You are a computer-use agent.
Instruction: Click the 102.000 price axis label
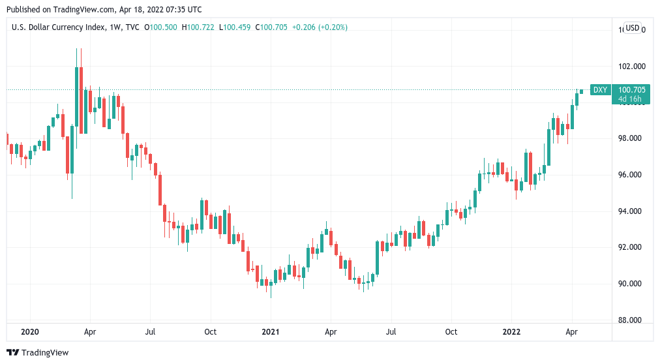pyautogui.click(x=631, y=66)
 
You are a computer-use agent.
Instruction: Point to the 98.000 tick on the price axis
pyautogui.click(x=631, y=138)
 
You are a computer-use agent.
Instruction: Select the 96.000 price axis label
pyautogui.click(x=631, y=175)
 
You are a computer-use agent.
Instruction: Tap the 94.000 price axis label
pyautogui.click(x=631, y=211)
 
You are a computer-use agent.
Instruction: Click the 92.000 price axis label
pyautogui.click(x=631, y=247)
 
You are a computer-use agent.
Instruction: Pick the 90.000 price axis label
pyautogui.click(x=631, y=284)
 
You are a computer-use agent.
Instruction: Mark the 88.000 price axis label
pyautogui.click(x=631, y=320)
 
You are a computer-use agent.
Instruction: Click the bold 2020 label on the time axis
pyautogui.click(x=30, y=332)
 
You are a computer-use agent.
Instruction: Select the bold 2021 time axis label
pyautogui.click(x=271, y=332)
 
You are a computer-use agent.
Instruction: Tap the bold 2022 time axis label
pyautogui.click(x=511, y=332)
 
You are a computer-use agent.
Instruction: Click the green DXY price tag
pyautogui.click(x=599, y=90)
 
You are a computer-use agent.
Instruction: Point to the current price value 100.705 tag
pyautogui.click(x=631, y=90)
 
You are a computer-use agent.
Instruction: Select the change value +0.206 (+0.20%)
pyautogui.click(x=320, y=27)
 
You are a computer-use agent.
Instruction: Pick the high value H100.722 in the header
pyautogui.click(x=199, y=27)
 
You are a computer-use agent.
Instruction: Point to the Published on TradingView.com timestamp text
pyautogui.click(x=104, y=10)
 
